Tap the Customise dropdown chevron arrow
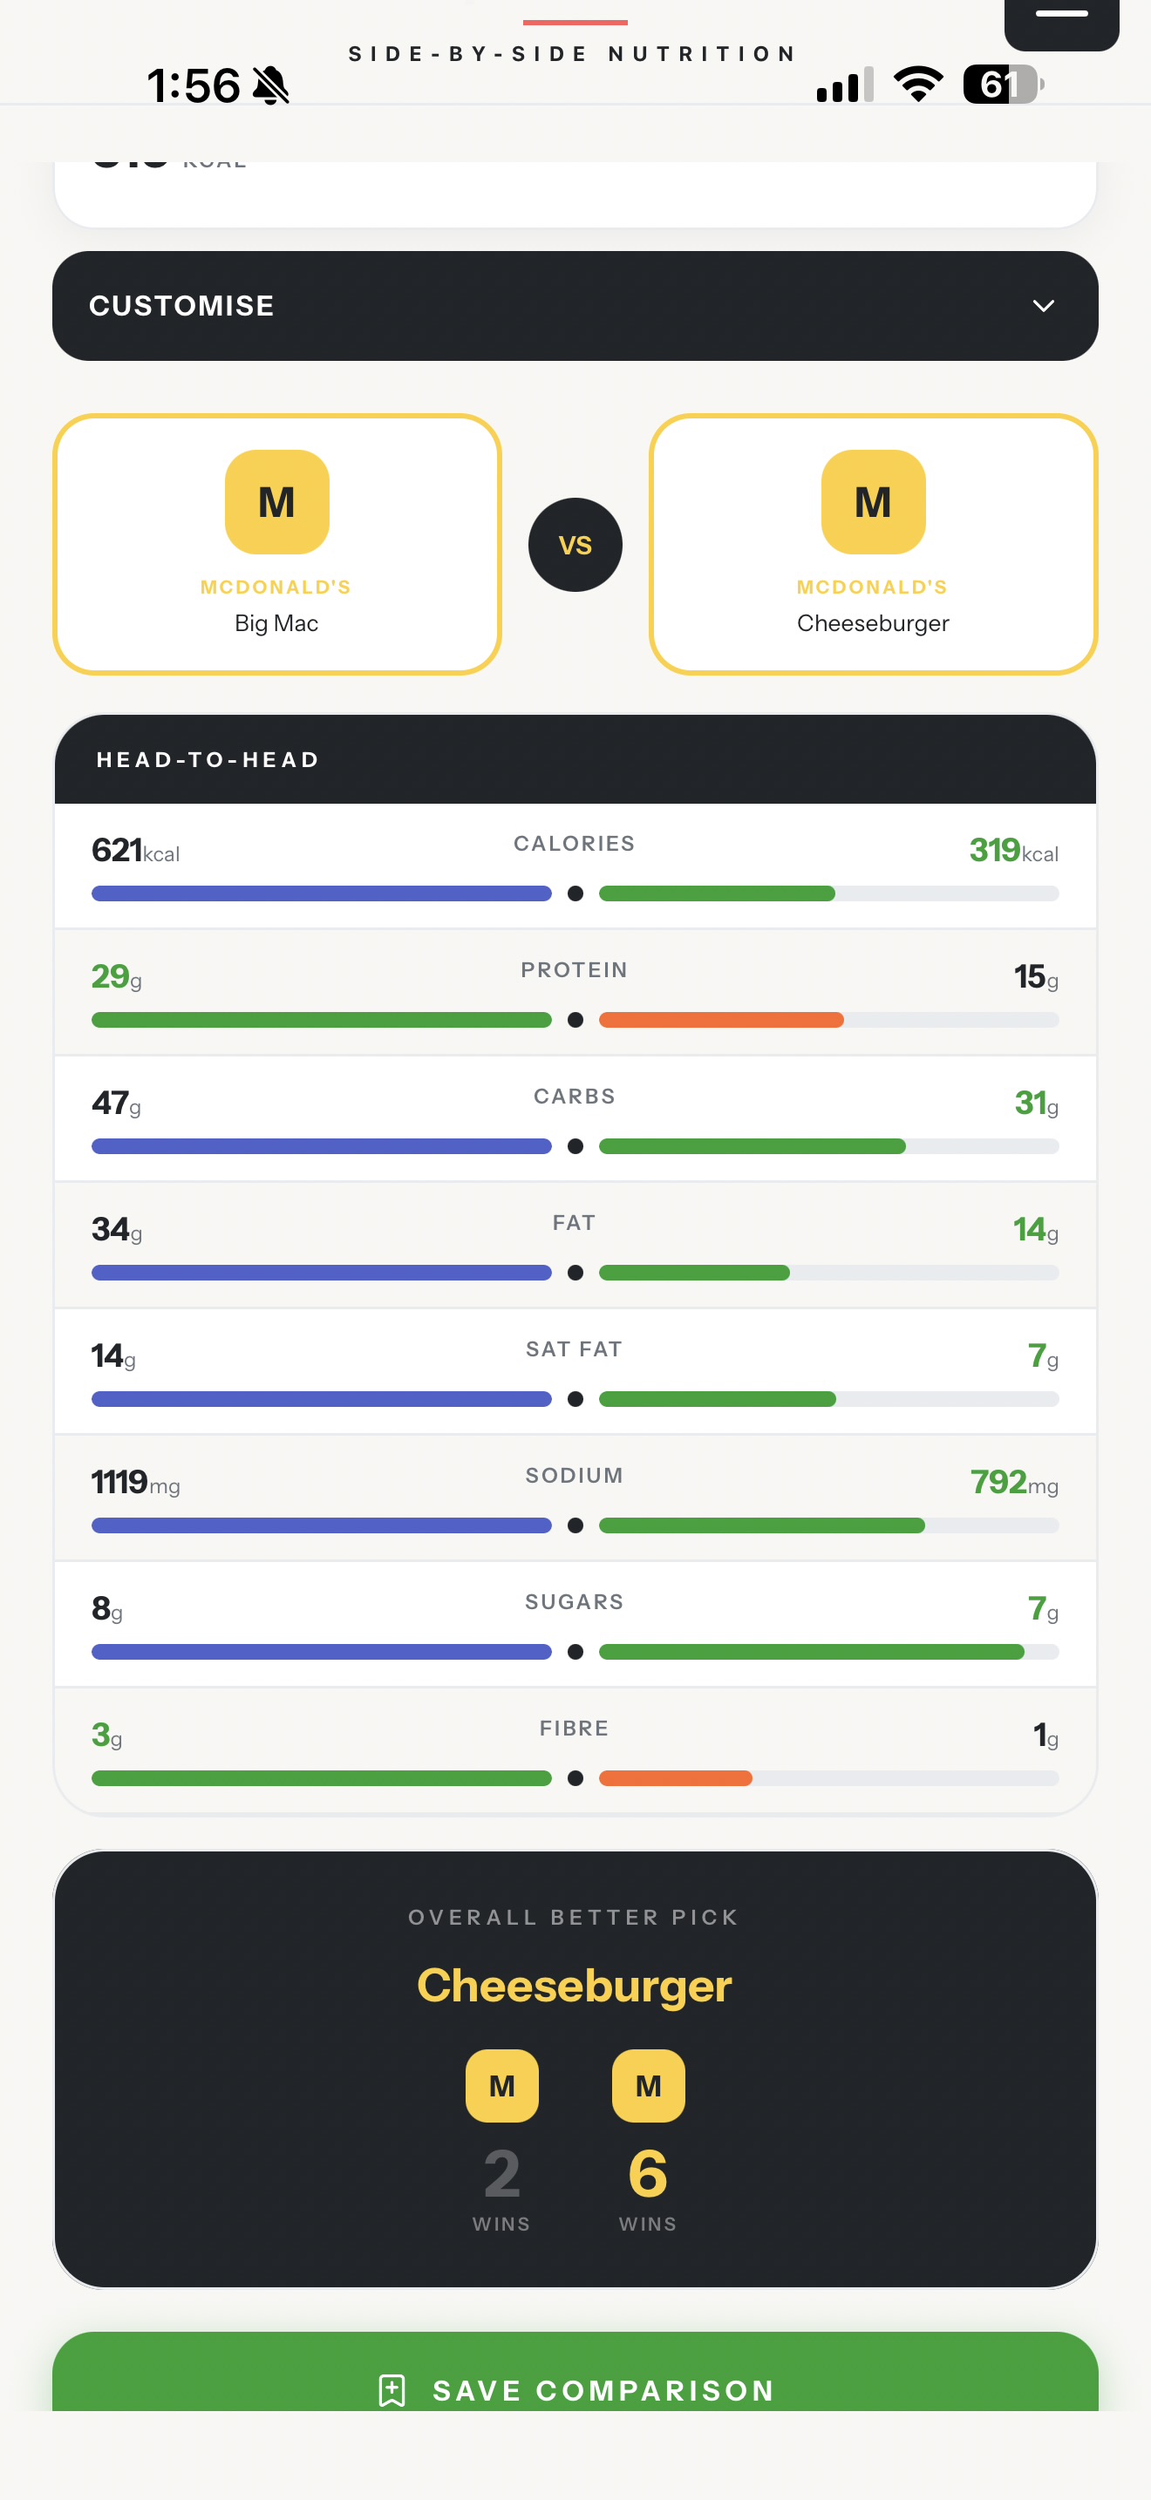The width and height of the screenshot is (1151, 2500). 1043,306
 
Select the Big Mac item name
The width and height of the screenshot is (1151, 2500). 276,623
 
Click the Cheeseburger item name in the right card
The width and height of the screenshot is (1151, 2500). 873,623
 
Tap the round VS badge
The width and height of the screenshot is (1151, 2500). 575,545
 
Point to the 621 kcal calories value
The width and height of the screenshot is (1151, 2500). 136,850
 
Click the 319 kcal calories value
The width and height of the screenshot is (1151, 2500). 1014,850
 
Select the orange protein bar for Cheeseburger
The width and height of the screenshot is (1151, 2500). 721,1020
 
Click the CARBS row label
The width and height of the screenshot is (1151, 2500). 575,1097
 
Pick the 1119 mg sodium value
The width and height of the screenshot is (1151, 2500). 136,1482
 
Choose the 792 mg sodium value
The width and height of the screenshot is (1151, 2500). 1014,1482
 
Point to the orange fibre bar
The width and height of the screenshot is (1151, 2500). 676,1778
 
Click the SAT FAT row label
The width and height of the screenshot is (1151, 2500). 575,1349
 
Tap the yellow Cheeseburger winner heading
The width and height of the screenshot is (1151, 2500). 575,1985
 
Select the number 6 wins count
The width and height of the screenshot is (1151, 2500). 648,2173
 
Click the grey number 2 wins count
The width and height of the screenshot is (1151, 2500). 501,2173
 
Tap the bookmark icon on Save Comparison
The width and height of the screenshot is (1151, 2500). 392,2389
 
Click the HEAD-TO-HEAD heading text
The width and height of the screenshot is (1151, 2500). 208,760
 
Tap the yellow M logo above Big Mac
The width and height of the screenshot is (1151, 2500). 276,502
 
